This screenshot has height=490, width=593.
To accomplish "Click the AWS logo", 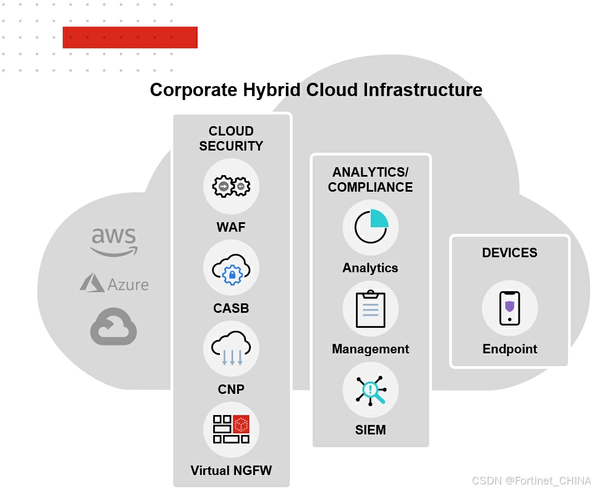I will tap(114, 242).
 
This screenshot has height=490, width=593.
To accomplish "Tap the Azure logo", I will tap(114, 283).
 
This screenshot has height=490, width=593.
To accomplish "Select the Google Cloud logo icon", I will tap(114, 327).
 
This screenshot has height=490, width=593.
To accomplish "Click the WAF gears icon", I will tap(231, 187).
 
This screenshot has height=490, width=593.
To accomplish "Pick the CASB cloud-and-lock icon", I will tap(231, 268).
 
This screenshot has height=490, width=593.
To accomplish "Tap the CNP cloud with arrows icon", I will tap(231, 349).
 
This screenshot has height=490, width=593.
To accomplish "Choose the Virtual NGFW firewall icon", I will tap(231, 429).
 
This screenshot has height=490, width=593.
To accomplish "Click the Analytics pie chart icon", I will tap(370, 227).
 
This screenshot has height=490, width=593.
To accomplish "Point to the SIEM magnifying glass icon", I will tap(370, 389).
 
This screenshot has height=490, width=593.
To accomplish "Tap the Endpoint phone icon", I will tap(510, 308).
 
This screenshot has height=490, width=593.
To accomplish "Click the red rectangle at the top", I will tap(130, 37).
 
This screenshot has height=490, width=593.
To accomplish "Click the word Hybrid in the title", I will tap(276, 90).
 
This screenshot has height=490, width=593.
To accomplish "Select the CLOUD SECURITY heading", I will tap(231, 138).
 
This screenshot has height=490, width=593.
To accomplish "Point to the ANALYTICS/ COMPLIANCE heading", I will tap(370, 179).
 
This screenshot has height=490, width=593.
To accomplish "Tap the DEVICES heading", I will tap(510, 253).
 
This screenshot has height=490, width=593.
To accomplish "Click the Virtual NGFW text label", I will tap(231, 471).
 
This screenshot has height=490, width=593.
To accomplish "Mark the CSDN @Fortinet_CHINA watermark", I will tap(531, 481).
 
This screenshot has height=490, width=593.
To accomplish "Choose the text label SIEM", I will tap(370, 430).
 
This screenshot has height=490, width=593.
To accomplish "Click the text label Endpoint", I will tap(510, 349).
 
